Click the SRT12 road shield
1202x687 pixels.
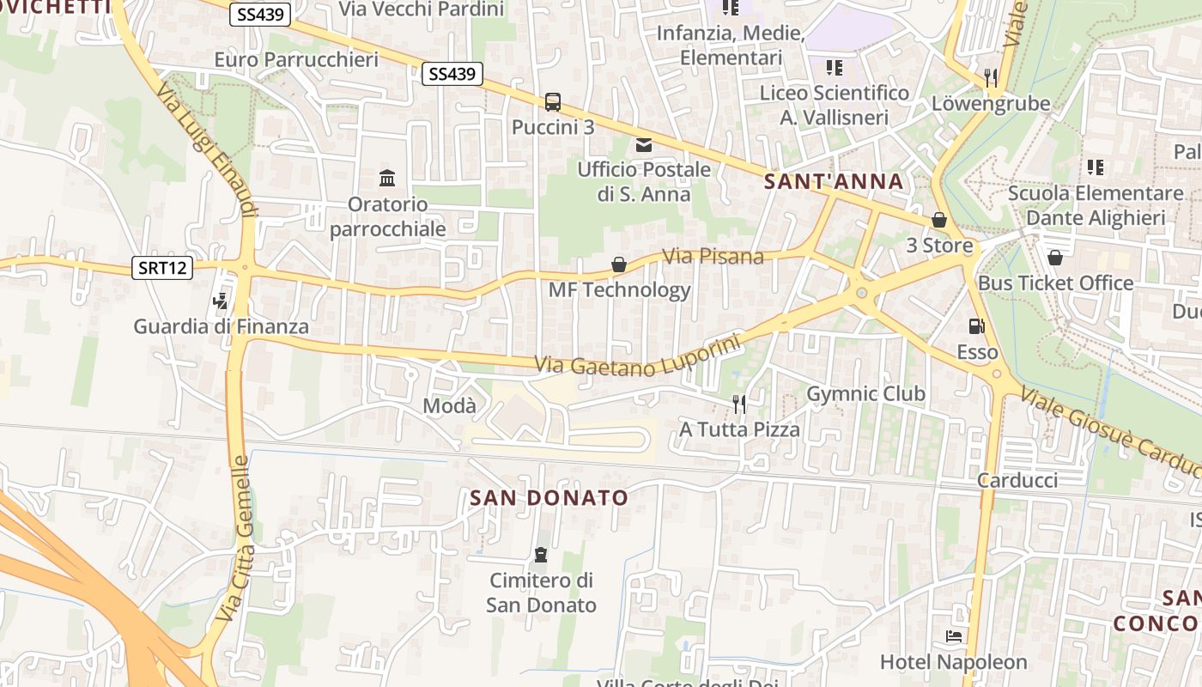click(162, 268)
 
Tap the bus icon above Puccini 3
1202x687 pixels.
click(553, 102)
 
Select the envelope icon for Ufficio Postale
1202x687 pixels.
click(644, 144)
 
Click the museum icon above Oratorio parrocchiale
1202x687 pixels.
click(387, 179)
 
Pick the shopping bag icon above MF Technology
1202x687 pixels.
click(619, 264)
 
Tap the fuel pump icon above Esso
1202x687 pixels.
click(976, 326)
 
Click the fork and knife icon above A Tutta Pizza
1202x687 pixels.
click(738, 404)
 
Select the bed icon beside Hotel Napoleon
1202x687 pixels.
click(954, 636)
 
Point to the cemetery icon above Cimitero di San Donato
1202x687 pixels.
click(541, 555)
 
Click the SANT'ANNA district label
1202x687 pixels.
click(834, 182)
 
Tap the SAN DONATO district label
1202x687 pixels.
click(549, 498)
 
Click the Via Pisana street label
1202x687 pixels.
click(713, 256)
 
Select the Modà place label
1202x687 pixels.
click(450, 405)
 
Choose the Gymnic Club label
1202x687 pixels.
click(865, 394)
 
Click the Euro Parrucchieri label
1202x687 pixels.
click(296, 60)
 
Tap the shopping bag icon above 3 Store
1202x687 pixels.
click(939, 220)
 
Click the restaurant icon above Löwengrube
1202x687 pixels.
click(991, 78)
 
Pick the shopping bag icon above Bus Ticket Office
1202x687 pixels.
click(1055, 258)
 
